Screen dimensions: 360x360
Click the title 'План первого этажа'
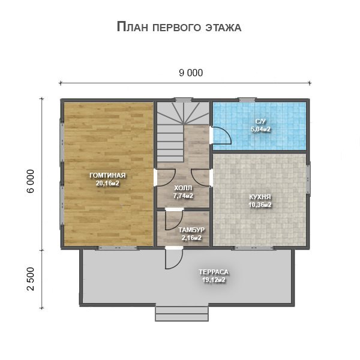click(x=179, y=27)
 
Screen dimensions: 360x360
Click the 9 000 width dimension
click(x=191, y=73)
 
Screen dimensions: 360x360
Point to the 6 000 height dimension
click(x=31, y=181)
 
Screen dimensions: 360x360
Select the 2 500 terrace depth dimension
click(x=31, y=279)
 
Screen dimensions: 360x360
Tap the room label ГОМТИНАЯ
click(x=107, y=175)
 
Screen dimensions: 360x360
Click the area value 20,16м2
click(x=107, y=184)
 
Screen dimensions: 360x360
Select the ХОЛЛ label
click(x=183, y=188)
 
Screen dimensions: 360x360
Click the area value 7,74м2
click(x=183, y=196)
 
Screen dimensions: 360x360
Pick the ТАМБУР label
click(x=191, y=230)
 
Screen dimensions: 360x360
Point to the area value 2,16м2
click(x=191, y=238)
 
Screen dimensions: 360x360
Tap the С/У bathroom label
click(x=260, y=121)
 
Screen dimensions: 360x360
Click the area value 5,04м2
click(x=260, y=129)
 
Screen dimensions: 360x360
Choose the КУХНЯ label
click(x=260, y=197)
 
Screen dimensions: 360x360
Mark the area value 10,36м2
click(x=260, y=205)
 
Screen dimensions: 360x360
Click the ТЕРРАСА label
click(x=214, y=272)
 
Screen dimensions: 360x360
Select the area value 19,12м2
click(x=214, y=280)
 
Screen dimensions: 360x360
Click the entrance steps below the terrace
click(x=182, y=314)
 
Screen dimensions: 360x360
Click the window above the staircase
click(x=183, y=100)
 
